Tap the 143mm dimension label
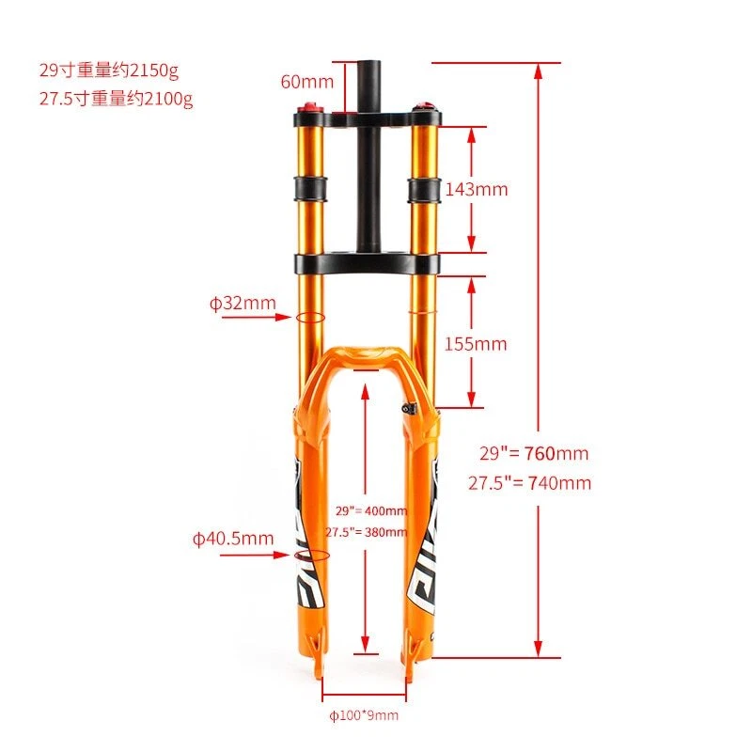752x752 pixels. [x=476, y=189]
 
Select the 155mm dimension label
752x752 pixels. [x=476, y=344]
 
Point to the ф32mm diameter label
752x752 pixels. [x=243, y=303]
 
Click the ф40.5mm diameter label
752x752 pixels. [x=233, y=539]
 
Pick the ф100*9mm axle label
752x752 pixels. [x=363, y=715]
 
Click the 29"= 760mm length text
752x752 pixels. [x=534, y=453]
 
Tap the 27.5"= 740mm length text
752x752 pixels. [x=529, y=483]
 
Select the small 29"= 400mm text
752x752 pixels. [x=371, y=510]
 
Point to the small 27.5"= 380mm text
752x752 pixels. [x=367, y=531]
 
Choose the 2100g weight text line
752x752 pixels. [x=116, y=99]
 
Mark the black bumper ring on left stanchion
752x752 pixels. [x=312, y=187]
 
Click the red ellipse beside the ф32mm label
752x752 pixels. [x=311, y=317]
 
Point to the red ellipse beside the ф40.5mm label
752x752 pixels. [x=312, y=556]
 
